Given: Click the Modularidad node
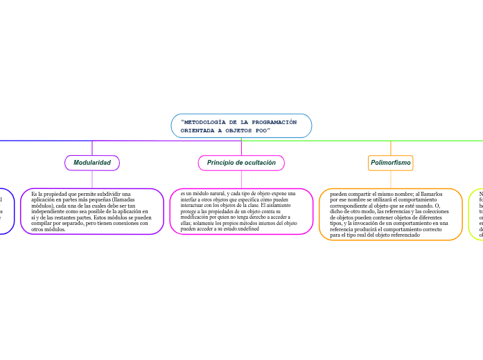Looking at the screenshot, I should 92,163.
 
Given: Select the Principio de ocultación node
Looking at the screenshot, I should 241,163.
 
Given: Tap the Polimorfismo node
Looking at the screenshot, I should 391,163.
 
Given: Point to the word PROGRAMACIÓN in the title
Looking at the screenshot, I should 272,122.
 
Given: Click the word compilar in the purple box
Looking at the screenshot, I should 44,223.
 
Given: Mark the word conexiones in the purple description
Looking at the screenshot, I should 116,223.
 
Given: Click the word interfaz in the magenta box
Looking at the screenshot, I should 189,199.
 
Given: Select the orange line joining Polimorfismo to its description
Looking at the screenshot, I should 391,179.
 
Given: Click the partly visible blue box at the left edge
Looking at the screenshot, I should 6,210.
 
